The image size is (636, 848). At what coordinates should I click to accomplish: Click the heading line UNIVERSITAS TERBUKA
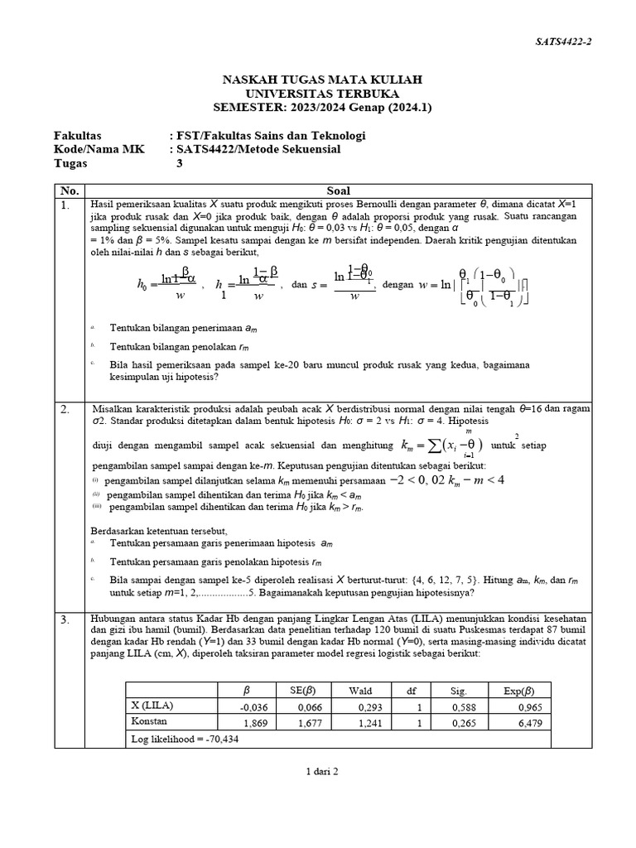tap(323, 93)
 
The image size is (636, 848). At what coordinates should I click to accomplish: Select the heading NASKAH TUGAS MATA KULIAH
tap(323, 79)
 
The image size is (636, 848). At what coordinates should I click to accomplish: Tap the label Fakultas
tap(77, 135)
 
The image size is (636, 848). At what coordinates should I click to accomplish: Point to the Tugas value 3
tap(180, 163)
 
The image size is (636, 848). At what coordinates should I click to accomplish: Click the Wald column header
tap(360, 690)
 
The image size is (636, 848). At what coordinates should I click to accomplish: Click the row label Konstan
tap(152, 721)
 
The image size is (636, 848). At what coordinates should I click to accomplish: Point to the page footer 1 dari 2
tap(323, 771)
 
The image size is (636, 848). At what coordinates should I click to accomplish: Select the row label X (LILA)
tap(153, 706)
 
